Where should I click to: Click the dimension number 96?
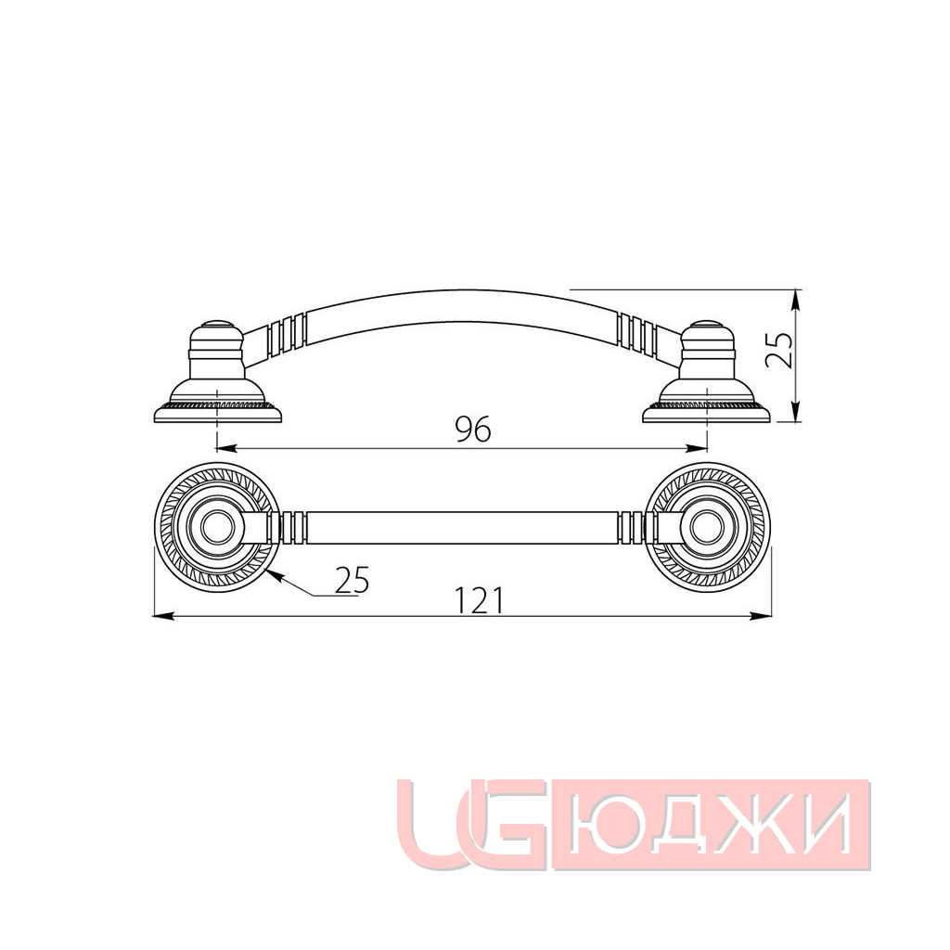474,430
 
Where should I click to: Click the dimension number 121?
480,600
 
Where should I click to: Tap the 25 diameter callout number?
351,581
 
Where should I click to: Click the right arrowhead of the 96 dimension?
696,448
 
